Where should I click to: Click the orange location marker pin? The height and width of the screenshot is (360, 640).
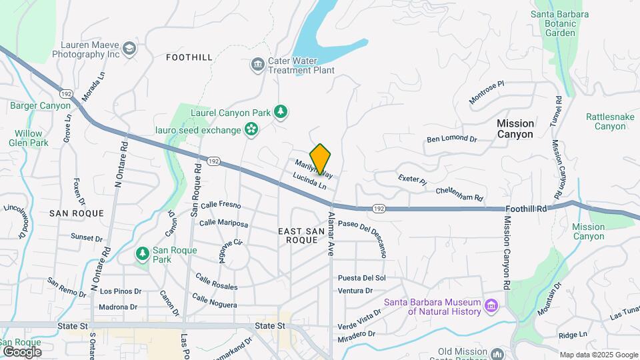click(x=320, y=159)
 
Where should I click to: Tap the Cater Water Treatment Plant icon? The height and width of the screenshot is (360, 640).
click(x=257, y=65)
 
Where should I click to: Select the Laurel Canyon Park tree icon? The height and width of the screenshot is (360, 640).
click(x=281, y=112)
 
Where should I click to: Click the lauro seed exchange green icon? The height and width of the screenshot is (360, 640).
click(x=251, y=129)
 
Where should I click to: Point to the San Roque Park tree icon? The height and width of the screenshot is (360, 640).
click(x=142, y=254)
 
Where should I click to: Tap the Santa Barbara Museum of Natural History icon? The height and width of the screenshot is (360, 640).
click(x=492, y=306)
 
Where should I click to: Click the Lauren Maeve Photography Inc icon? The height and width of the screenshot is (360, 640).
click(x=129, y=48)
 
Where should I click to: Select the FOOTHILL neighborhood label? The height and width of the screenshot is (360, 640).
click(x=189, y=58)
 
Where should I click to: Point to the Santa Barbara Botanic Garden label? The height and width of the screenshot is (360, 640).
click(x=560, y=23)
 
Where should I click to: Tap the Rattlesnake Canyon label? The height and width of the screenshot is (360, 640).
click(x=606, y=121)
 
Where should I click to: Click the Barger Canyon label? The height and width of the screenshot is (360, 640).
click(x=40, y=105)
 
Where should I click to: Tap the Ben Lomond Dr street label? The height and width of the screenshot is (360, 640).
click(x=452, y=139)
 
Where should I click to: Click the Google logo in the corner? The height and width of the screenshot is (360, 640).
click(x=22, y=351)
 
